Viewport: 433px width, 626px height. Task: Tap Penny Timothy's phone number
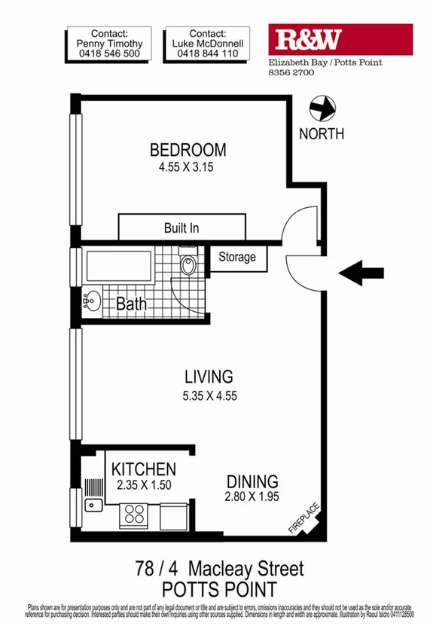[110, 54]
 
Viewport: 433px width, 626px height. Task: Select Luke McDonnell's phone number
[208, 54]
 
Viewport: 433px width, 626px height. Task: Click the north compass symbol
[323, 108]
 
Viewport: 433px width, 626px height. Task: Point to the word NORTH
[322, 134]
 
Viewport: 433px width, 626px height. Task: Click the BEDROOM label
[188, 148]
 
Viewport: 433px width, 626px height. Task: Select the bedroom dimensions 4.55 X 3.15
[187, 168]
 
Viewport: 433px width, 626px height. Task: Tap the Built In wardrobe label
[181, 227]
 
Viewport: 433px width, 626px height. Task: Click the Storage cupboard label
[236, 258]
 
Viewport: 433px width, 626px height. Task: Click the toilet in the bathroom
[188, 265]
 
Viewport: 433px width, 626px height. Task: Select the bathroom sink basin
[92, 301]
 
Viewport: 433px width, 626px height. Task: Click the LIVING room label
[209, 377]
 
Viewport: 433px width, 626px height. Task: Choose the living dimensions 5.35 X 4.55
[209, 396]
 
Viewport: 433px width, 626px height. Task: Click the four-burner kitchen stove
[134, 515]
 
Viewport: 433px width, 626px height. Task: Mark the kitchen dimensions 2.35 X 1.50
[144, 486]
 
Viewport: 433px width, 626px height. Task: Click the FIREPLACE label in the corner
[305, 519]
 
